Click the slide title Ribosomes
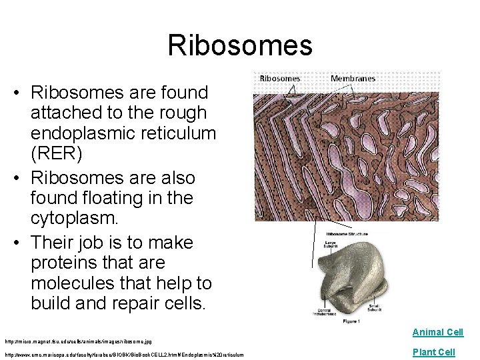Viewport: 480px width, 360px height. (239, 45)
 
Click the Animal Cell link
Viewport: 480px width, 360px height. (437, 332)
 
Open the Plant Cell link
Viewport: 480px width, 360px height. (433, 352)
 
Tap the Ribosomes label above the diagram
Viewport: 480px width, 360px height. (279, 78)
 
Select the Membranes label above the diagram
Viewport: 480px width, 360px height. (353, 78)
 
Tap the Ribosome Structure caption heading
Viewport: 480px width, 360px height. (346, 234)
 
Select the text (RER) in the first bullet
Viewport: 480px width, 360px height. (57, 154)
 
